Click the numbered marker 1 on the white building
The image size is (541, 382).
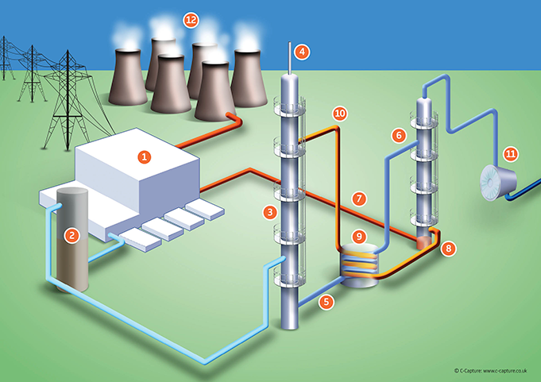click(x=144, y=156)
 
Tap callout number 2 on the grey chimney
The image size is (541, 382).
click(x=71, y=234)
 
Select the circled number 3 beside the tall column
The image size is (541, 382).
click(x=271, y=212)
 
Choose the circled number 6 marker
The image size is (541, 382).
click(x=397, y=136)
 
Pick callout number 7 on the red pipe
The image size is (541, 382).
click(x=359, y=198)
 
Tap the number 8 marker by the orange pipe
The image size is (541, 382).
click(x=450, y=249)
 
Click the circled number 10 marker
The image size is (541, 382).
click(x=340, y=114)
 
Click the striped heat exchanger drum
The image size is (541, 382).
click(x=360, y=263)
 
